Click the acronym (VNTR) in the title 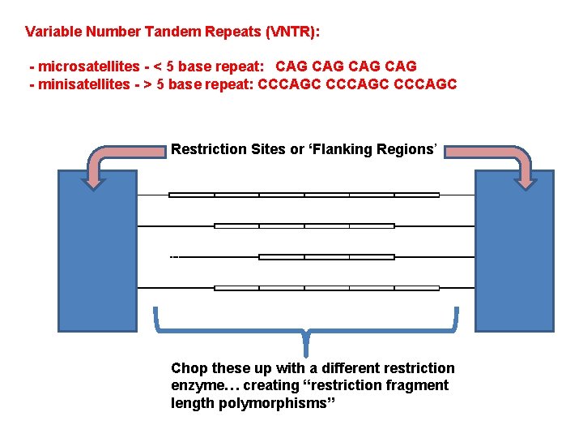pyautogui.click(x=291, y=32)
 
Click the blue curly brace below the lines pyautogui.click(x=306, y=333)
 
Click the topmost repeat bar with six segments pyautogui.click(x=304, y=195)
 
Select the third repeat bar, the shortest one pyautogui.click(x=326, y=257)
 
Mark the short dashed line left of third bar pyautogui.click(x=174, y=257)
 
